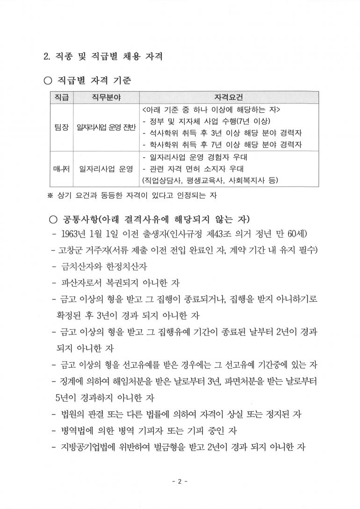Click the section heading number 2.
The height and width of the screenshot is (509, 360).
(46, 57)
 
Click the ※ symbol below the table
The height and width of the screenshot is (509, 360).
(50, 195)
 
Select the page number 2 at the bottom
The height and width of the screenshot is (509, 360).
(180, 481)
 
